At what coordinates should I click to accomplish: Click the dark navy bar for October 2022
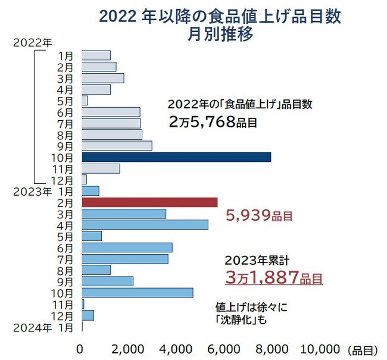(176, 157)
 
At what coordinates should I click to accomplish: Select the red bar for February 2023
(149, 202)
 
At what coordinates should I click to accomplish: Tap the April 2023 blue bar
(145, 225)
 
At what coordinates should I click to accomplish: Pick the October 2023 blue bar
(137, 293)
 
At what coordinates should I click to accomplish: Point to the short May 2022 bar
(85, 101)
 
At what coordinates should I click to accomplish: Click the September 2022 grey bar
(117, 146)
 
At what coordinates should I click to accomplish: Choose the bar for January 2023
(90, 191)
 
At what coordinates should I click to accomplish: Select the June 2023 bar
(127, 248)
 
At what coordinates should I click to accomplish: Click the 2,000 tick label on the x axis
(128, 348)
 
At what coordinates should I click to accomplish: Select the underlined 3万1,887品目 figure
(274, 277)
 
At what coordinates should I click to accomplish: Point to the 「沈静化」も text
(244, 320)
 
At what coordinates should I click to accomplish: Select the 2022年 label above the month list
(32, 42)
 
